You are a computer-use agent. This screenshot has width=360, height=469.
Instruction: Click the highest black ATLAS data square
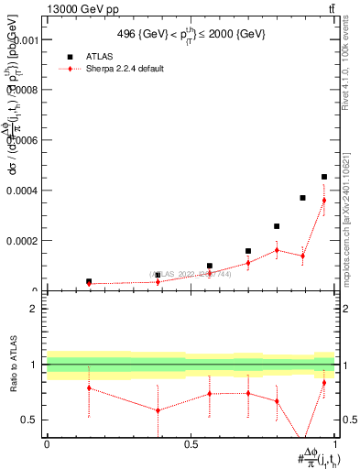(324, 177)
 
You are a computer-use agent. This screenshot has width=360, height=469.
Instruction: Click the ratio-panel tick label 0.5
(30, 420)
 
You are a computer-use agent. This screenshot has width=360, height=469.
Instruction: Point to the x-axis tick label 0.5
(191, 443)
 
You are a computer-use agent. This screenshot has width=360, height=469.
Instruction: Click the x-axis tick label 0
(46, 443)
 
